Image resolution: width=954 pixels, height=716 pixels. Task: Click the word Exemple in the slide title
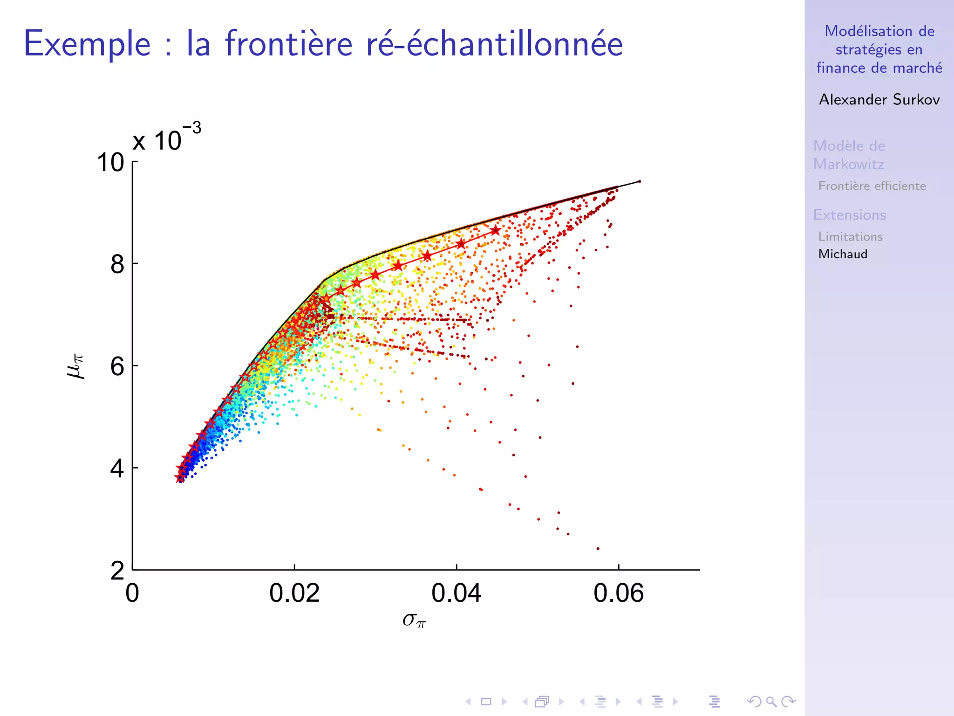click(x=88, y=44)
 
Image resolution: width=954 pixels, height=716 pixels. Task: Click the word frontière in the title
click(x=288, y=44)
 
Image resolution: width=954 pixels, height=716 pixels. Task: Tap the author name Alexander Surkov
click(x=879, y=99)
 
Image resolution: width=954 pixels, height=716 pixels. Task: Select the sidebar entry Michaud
click(x=843, y=254)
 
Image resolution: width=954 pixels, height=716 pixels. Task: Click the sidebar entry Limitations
click(x=850, y=236)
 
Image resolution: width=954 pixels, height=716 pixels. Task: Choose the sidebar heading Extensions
click(x=849, y=215)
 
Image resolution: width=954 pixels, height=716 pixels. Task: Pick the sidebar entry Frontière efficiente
click(x=872, y=186)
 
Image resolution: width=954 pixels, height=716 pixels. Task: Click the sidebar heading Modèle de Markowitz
click(x=849, y=155)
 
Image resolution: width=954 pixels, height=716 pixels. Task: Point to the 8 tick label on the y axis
click(x=117, y=265)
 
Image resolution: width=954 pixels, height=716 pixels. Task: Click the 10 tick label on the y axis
click(x=110, y=163)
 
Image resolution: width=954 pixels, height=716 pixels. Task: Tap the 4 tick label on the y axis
click(x=117, y=468)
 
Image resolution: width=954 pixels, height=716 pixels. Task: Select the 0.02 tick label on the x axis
click(x=294, y=593)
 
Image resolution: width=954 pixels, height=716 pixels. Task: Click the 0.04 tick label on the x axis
click(x=456, y=593)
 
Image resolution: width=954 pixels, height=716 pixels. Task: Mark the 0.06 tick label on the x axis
click(x=618, y=593)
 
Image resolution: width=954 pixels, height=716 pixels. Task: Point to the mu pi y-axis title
click(x=75, y=366)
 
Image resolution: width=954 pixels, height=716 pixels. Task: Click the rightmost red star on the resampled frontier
click(x=495, y=231)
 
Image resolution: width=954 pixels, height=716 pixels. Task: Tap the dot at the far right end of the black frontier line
click(x=640, y=181)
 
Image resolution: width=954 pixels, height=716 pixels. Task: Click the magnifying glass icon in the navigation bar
click(x=771, y=701)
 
